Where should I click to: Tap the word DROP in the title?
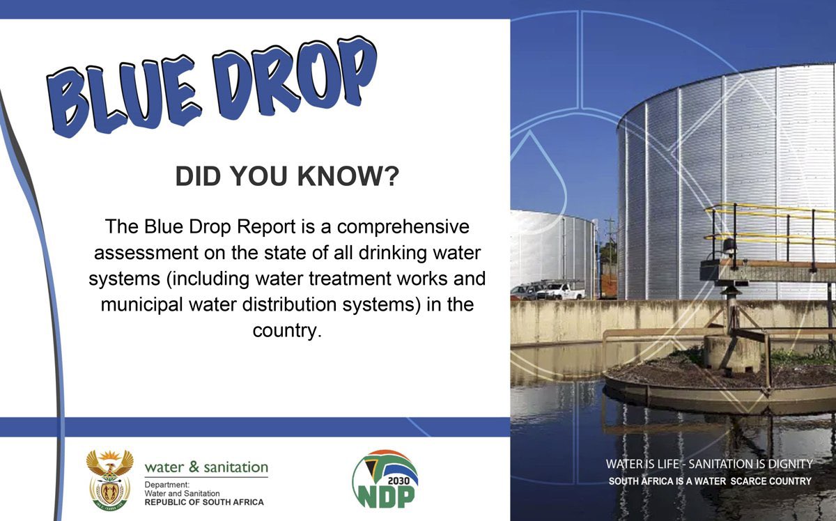coord(293,73)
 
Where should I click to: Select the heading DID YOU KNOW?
coord(286,177)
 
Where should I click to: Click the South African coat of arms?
coord(109,479)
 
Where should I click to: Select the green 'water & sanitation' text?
coord(206,467)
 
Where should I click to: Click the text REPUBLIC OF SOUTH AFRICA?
coord(204,502)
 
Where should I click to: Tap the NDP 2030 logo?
coord(385,479)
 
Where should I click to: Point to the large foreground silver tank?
coord(697,174)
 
